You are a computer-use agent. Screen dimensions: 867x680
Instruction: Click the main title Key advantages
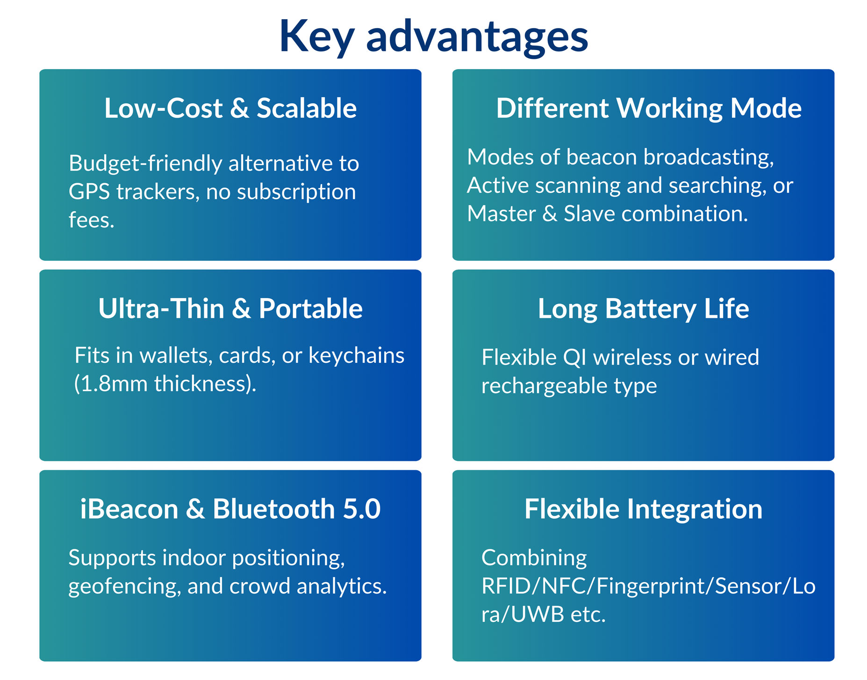click(433, 37)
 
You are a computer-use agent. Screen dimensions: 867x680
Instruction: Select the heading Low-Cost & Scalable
click(230, 108)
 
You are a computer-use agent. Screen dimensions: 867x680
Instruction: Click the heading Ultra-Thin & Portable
click(230, 308)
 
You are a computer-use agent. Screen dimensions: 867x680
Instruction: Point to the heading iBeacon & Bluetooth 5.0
click(230, 509)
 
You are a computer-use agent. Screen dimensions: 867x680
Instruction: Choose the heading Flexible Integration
click(643, 510)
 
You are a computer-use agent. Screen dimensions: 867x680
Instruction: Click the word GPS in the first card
click(89, 192)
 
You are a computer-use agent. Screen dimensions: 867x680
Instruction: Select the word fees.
click(91, 220)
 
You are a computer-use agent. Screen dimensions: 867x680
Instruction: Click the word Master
click(502, 214)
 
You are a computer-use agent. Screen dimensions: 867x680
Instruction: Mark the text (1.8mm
click(111, 384)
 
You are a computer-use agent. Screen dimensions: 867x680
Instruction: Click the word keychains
click(356, 356)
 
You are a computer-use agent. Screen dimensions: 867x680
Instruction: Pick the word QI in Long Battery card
click(574, 358)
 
